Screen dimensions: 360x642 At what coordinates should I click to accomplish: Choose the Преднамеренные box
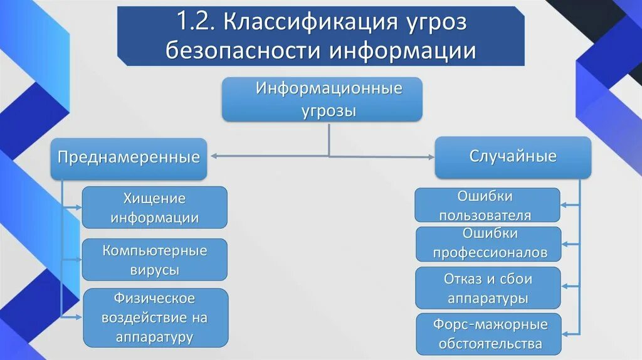pos(129,157)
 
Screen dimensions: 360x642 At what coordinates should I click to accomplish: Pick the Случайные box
pos(513,156)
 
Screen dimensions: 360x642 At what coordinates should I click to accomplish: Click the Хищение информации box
pos(155,208)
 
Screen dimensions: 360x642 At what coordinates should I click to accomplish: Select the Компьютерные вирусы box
pos(155,260)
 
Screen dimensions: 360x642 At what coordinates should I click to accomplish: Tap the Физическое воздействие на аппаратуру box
pos(155,317)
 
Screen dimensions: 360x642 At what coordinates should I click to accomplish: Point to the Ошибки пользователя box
pos(487,205)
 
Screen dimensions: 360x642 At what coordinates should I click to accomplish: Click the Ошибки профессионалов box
pos(487,243)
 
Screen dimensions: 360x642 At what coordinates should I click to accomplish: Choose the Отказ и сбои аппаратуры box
pos(487,288)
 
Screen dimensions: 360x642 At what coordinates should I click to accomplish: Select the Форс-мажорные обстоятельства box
pos(487,334)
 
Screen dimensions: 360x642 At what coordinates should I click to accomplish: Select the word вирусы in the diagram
pos(155,270)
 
